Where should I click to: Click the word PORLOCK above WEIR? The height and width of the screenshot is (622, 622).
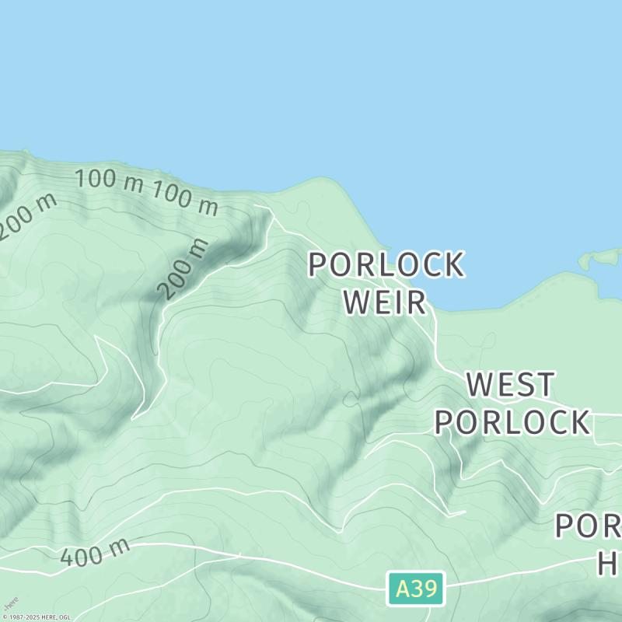[386, 265]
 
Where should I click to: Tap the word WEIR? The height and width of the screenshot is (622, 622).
[386, 302]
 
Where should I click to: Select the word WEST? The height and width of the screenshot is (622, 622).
[511, 385]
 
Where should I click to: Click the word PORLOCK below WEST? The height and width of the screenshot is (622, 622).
[511, 422]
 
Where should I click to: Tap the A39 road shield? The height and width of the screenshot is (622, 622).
[416, 589]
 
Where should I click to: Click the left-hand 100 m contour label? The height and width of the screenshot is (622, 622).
[110, 180]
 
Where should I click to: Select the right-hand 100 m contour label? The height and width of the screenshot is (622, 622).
[185, 197]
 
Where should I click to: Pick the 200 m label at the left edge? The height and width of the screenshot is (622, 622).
[27, 216]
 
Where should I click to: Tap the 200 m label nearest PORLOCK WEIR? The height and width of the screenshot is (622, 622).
[184, 269]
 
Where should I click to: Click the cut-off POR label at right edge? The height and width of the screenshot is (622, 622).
[588, 526]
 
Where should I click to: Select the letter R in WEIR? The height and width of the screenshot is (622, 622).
[416, 302]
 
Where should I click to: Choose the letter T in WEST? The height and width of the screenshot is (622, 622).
[545, 385]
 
